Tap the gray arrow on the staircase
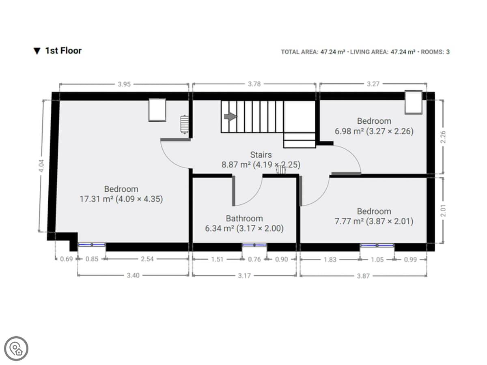point(230,116)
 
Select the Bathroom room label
point(244,219)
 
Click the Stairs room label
point(261,155)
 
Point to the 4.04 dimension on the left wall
point(41,166)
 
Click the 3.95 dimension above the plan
point(124,84)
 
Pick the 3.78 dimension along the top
point(254,84)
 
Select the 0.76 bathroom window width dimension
point(254,259)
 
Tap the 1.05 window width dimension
point(377,260)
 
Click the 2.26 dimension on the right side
point(443,137)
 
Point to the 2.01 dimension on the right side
point(443,210)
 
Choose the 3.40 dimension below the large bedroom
point(133,275)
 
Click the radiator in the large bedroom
point(184,125)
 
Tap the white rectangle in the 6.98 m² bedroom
point(413,102)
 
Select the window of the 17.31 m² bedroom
point(92,245)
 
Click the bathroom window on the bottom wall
point(254,245)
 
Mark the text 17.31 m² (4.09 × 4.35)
point(121,199)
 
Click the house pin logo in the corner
point(16,349)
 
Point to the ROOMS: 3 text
point(435,52)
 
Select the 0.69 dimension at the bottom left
point(66,259)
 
